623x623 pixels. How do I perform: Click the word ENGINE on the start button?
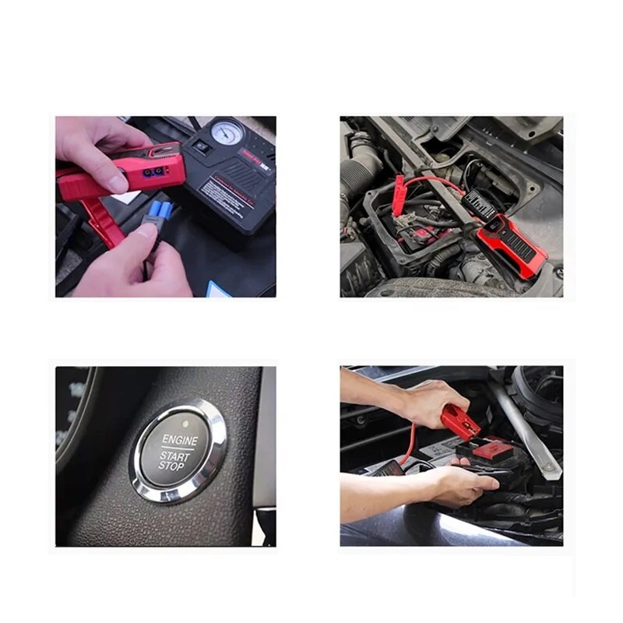179,440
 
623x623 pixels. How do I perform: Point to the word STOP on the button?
172,466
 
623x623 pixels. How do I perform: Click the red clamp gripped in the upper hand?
460,421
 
